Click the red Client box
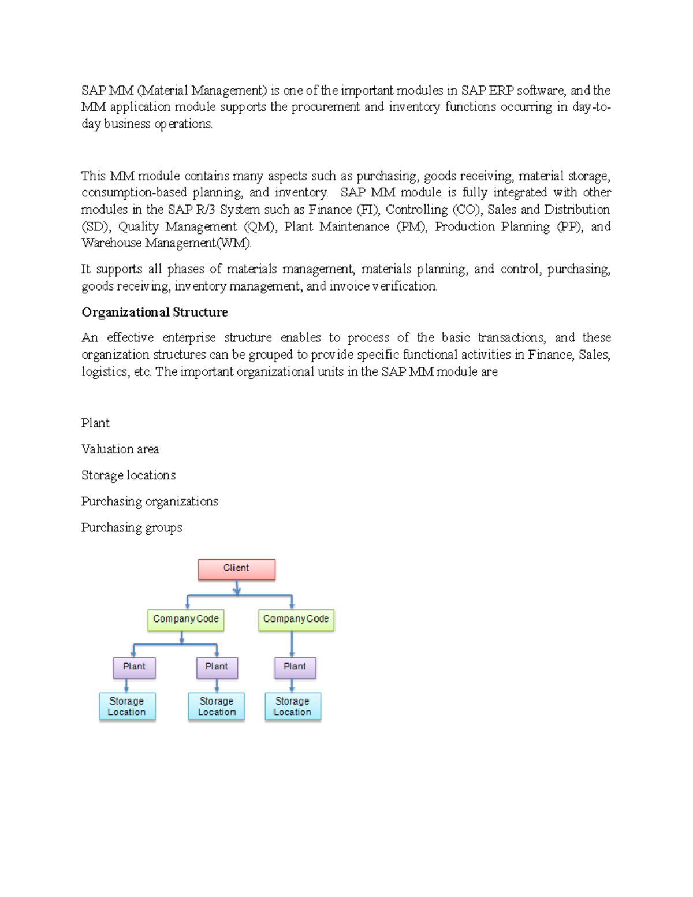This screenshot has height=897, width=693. [x=236, y=569]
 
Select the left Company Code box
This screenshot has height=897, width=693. [x=185, y=620]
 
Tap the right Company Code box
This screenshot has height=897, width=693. [x=296, y=620]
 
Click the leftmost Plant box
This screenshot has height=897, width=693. [x=134, y=667]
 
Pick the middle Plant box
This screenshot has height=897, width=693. [x=217, y=667]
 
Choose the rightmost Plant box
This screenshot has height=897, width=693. [x=295, y=667]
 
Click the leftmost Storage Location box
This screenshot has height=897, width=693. [x=127, y=706]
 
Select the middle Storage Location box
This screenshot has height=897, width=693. [x=217, y=706]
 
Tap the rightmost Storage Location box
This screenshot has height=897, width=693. [x=292, y=706]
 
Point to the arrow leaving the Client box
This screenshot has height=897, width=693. [x=237, y=588]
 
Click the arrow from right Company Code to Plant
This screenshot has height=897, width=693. [x=292, y=644]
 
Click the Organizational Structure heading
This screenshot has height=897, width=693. [x=154, y=312]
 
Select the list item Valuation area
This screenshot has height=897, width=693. [x=120, y=449]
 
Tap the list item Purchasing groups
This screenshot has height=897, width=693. [x=132, y=527]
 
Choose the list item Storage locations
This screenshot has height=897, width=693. [x=128, y=475]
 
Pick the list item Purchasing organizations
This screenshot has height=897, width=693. [x=150, y=501]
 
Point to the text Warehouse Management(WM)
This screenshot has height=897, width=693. [x=166, y=243]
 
